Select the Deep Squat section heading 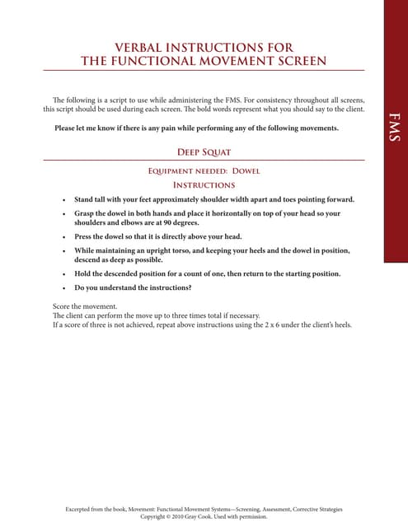(x=204, y=152)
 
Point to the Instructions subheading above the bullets (x=204, y=185)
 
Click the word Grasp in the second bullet (x=87, y=213)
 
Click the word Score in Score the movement (x=62, y=307)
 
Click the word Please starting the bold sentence (x=68, y=128)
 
